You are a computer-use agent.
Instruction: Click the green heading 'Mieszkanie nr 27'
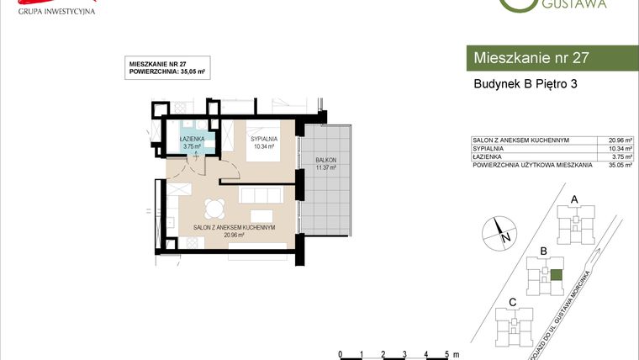[531, 58]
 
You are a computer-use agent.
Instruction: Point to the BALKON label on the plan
[325, 162]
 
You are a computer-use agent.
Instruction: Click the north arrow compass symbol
[499, 230]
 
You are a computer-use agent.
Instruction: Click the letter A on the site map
[574, 199]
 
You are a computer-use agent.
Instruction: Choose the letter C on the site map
[512, 301]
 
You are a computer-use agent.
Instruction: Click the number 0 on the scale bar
[339, 354]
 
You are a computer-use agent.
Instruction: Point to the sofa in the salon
[261, 196]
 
